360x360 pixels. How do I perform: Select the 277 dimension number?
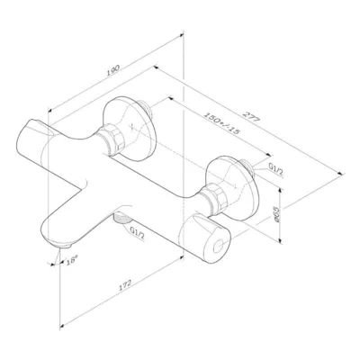[x=251, y=116]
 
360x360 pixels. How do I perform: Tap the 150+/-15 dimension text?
[x=222, y=123]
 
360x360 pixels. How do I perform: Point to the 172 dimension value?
[x=125, y=285]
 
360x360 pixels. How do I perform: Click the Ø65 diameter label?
[x=276, y=214]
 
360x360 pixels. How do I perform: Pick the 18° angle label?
[x=72, y=260]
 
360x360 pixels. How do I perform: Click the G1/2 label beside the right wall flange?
[x=276, y=171]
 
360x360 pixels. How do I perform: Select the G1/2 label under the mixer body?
[x=137, y=233]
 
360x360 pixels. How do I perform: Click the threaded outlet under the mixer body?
[x=121, y=218]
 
